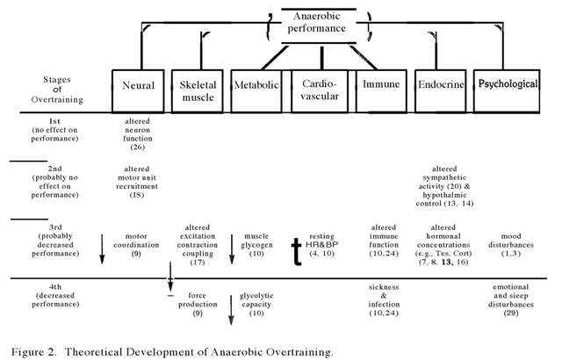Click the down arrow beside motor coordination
click(103, 247)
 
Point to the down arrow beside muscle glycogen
click(232, 247)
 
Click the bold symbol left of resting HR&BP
click(299, 250)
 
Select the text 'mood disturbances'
click(510, 241)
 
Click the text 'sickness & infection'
click(384, 297)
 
